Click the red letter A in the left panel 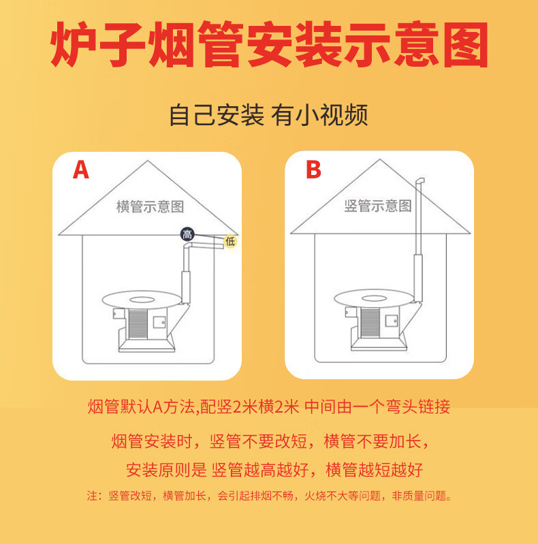click(x=81, y=170)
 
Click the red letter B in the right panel click(x=313, y=170)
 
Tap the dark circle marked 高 click(x=187, y=234)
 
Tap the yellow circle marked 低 click(x=230, y=241)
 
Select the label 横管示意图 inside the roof click(x=150, y=206)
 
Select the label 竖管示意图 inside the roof click(x=378, y=206)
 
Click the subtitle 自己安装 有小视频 click(x=268, y=115)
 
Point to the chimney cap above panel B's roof click(x=420, y=182)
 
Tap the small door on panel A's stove click(x=159, y=321)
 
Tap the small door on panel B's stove click(x=392, y=320)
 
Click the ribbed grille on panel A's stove click(x=138, y=324)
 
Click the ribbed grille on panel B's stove click(x=370, y=323)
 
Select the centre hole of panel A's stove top click(x=142, y=300)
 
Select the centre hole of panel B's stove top click(x=374, y=298)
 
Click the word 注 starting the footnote click(x=92, y=496)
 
